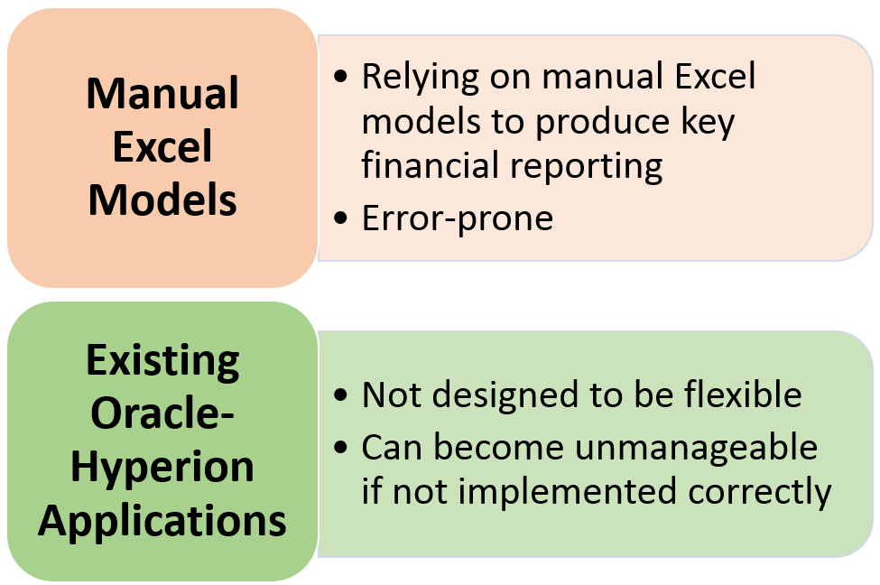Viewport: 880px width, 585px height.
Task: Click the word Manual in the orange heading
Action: click(162, 93)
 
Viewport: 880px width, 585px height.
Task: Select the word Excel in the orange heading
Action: click(162, 146)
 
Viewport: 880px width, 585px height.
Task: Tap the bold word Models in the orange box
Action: click(162, 200)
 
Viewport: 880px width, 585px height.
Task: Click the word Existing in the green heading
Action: click(162, 361)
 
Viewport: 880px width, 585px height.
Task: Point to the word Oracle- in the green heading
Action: click(162, 413)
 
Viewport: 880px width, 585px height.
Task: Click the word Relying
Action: click(421, 77)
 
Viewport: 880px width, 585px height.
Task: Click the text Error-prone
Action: click(458, 218)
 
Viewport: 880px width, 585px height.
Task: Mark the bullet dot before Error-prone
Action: click(340, 218)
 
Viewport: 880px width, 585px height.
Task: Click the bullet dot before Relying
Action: click(340, 77)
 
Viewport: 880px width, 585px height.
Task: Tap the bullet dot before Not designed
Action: click(340, 395)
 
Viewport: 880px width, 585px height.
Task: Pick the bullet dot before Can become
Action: click(340, 448)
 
